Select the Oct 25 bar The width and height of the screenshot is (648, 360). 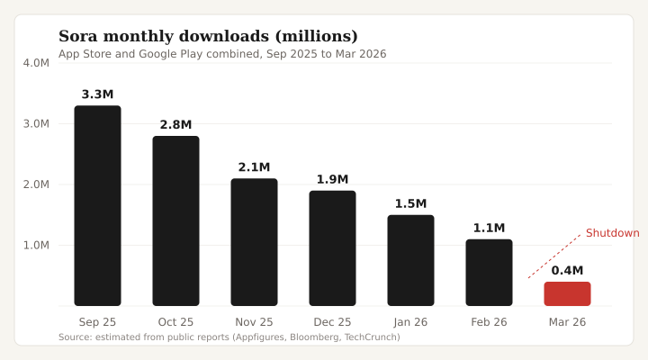pyautogui.click(x=175, y=220)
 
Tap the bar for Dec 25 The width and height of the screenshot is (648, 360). pyautogui.click(x=332, y=247)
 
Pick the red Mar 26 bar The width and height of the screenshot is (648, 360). pyautogui.click(x=567, y=293)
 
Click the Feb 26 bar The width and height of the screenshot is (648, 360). pyautogui.click(x=489, y=272)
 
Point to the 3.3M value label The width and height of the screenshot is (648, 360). pyautogui.click(x=97, y=94)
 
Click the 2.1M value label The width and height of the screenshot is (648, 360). pyautogui.click(x=254, y=167)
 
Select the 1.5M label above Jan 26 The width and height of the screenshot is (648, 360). pyautogui.click(x=410, y=203)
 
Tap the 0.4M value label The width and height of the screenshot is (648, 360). pyautogui.click(x=567, y=270)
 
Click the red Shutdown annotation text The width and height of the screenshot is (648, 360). pyautogui.click(x=612, y=233)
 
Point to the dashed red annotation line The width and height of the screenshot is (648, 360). pyautogui.click(x=554, y=256)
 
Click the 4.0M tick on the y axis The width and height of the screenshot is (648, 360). pyautogui.click(x=36, y=63)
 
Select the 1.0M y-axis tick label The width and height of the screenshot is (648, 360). pyautogui.click(x=36, y=245)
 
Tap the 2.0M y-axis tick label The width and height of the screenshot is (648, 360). pyautogui.click(x=36, y=184)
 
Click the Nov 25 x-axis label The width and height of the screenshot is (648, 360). pyautogui.click(x=254, y=321)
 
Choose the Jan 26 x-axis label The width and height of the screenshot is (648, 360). pyautogui.click(x=410, y=321)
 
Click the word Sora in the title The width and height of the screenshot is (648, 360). pyautogui.click(x=78, y=37)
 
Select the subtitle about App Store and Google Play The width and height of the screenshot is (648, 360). pyautogui.click(x=222, y=54)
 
